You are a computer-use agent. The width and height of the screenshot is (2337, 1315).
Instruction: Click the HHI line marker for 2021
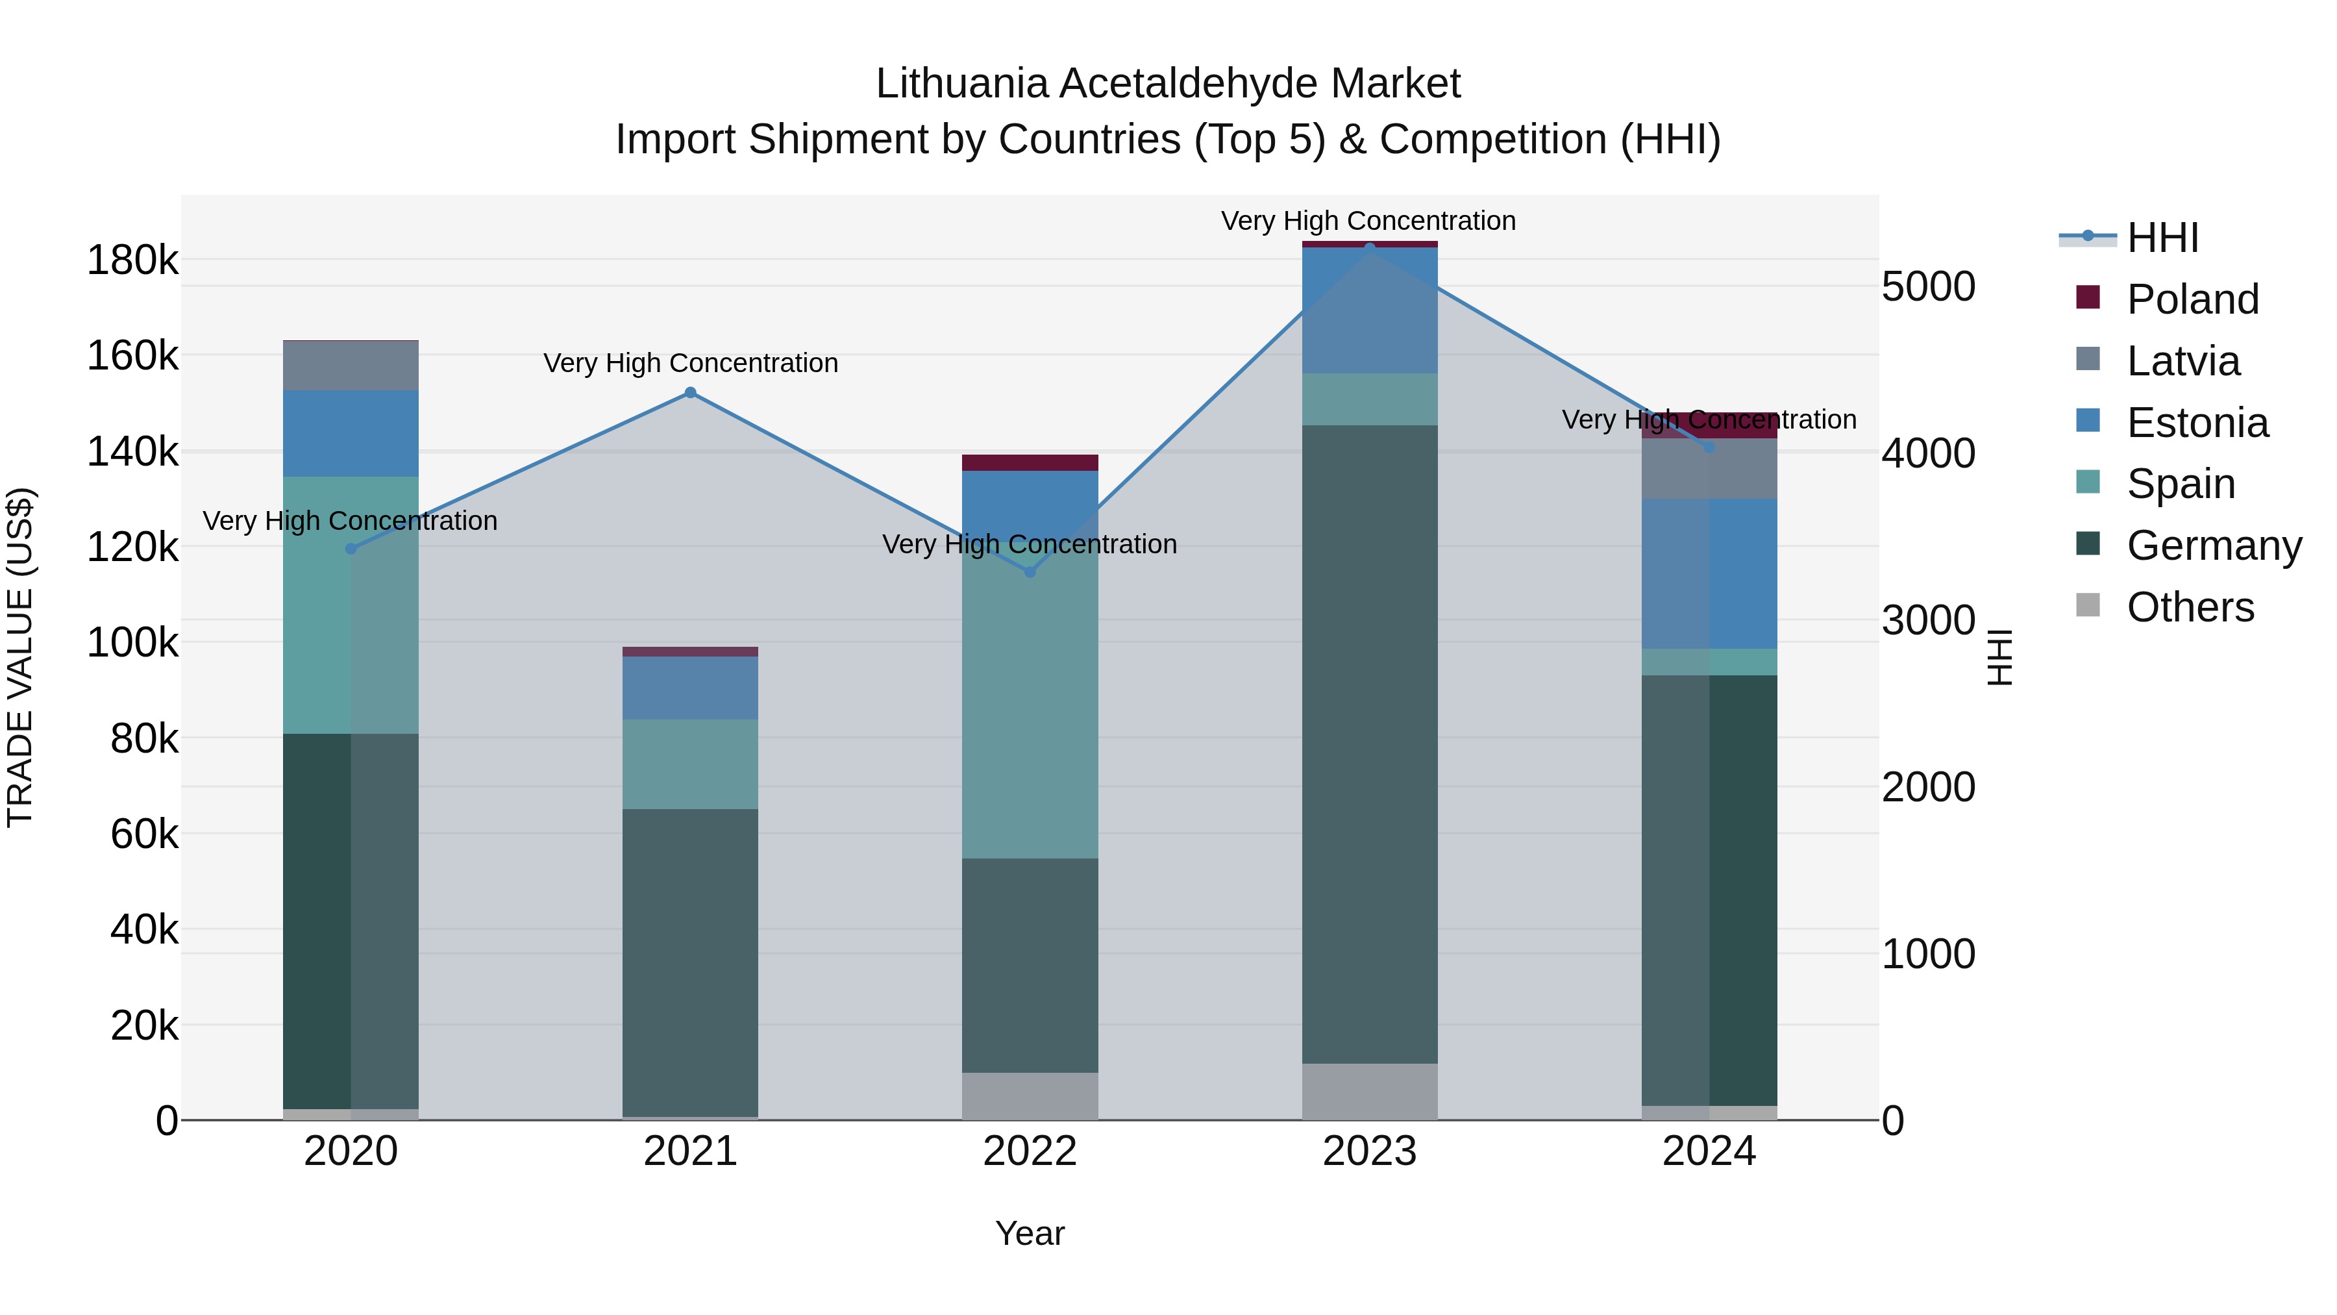tap(691, 393)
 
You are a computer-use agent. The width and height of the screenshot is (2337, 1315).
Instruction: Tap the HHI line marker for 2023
tap(1369, 247)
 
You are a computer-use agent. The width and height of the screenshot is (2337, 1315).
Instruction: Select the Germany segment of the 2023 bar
tap(1369, 744)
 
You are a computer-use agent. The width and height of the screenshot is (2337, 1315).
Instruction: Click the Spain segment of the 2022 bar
tap(1030, 708)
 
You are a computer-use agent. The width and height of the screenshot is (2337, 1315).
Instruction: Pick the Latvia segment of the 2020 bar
tap(351, 366)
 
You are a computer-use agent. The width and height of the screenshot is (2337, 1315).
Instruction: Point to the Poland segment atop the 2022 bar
tap(1030, 463)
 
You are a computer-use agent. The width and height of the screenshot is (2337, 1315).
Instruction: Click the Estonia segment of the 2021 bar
tap(691, 688)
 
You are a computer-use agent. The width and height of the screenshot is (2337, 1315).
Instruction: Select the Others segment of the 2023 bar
tap(1369, 1092)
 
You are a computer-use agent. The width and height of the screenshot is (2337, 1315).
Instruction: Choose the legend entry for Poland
tap(2192, 299)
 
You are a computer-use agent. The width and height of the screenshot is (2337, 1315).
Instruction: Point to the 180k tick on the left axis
tap(132, 260)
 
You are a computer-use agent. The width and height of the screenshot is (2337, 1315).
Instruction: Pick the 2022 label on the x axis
tap(1030, 1151)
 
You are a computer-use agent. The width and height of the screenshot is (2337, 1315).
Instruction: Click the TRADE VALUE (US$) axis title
tap(20, 657)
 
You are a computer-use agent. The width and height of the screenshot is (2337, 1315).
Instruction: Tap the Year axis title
tap(1030, 1233)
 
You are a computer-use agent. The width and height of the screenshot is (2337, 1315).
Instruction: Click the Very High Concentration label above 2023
tap(1368, 221)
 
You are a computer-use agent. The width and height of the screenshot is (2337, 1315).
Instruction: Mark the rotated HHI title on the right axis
tap(1999, 657)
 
